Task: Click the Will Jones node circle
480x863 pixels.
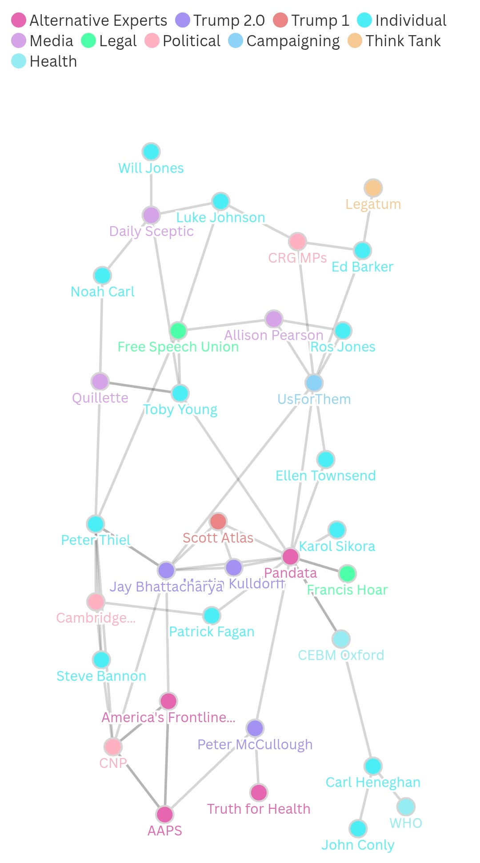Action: (151, 152)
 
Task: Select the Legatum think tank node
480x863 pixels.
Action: (373, 188)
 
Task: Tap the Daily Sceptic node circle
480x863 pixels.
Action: (151, 216)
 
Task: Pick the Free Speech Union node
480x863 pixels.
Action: (178, 331)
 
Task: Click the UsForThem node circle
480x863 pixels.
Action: (314, 383)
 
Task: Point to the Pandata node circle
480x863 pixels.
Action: (291, 556)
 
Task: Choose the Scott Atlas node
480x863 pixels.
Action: (218, 522)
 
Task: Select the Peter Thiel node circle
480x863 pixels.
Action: (96, 524)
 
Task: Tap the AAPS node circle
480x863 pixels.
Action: (165, 815)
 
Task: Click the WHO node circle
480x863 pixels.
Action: (406, 807)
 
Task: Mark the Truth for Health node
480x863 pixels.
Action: (259, 792)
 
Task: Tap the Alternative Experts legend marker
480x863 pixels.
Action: (19, 20)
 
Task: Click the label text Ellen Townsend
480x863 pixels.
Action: (326, 476)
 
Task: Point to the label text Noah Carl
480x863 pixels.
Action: (103, 292)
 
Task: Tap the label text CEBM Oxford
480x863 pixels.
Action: (341, 655)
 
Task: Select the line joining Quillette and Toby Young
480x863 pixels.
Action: (140, 388)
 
